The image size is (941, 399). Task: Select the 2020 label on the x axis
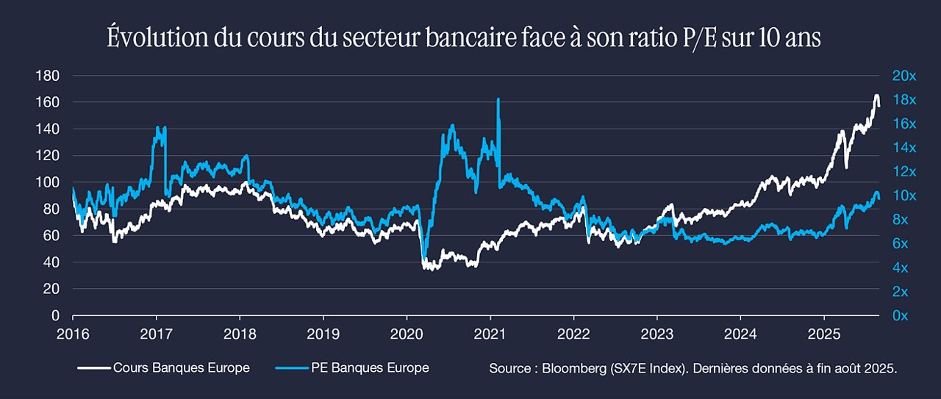pos(407,334)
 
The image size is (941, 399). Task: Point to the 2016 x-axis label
pos(73,334)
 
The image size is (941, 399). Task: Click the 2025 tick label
pos(824,334)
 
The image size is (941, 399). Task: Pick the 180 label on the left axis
pos(48,76)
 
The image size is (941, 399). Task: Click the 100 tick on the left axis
pos(48,182)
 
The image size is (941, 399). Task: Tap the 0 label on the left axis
pos(55,315)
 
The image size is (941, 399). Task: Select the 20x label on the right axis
pos(904,76)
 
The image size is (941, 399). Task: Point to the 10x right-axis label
pos(904,195)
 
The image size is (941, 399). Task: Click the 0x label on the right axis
pos(900,315)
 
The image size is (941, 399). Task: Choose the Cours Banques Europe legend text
pos(182,368)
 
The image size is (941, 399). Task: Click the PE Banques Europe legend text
pos(370,368)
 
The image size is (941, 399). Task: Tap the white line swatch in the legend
pos(95,368)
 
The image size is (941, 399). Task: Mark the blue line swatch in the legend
pos(292,368)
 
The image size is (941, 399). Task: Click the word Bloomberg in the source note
pos(574,368)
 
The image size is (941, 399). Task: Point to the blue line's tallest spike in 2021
pos(498,99)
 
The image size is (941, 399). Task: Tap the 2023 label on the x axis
pos(657,334)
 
